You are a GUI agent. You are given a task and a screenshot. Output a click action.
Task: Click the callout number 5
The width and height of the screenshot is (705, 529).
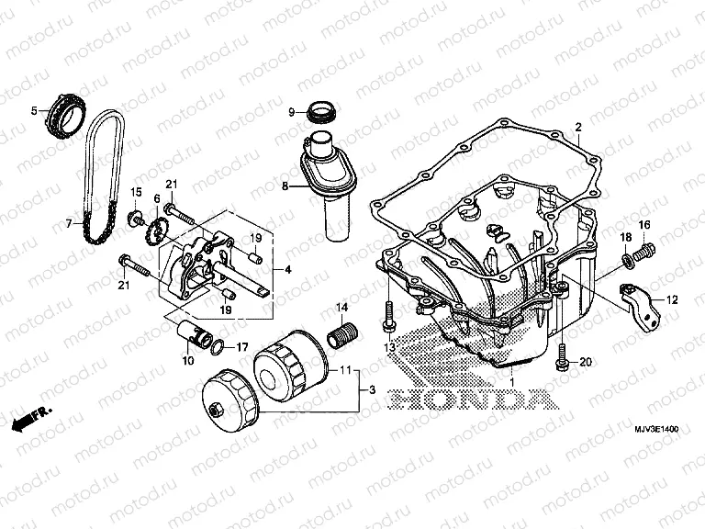point(35,111)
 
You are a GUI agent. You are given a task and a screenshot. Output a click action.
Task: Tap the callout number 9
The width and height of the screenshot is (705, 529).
point(290,113)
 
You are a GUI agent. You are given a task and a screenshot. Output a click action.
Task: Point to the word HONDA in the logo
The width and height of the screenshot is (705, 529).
point(470,400)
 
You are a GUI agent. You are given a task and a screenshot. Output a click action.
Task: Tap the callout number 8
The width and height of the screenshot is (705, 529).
point(285,186)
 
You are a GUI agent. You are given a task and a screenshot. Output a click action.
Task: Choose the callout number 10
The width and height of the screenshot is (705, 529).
point(187,360)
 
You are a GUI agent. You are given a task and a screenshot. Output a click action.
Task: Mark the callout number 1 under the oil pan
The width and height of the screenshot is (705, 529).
point(513,380)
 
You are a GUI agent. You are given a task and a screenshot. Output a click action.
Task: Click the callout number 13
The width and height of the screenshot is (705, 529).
point(388,349)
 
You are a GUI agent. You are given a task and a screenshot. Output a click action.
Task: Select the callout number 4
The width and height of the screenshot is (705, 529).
point(288,270)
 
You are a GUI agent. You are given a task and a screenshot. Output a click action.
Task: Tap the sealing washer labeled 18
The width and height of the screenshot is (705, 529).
point(628,264)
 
